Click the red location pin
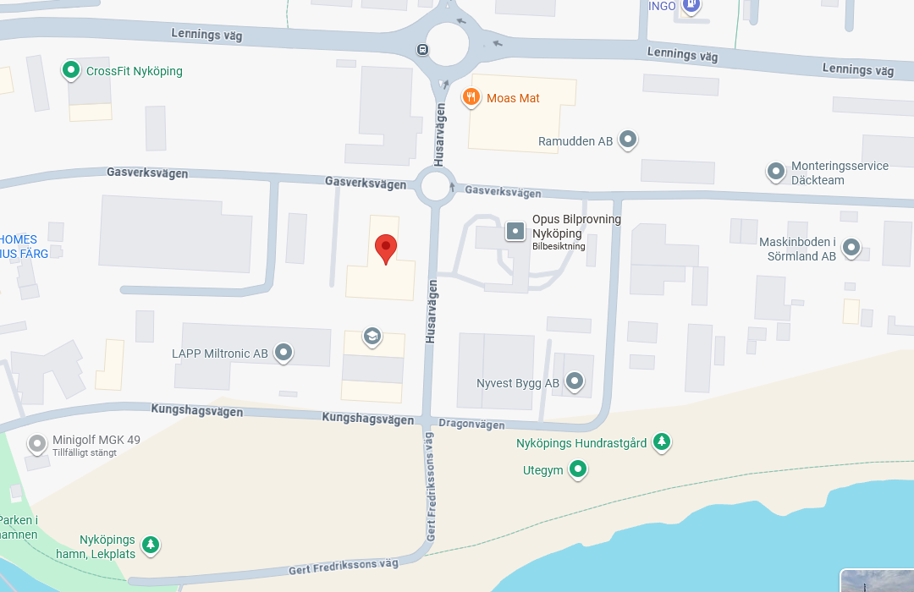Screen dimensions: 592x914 point(386,248)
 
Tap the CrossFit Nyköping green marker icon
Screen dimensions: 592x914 point(71,70)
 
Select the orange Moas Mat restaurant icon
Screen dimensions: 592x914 point(471,98)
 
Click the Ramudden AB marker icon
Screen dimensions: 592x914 point(627,139)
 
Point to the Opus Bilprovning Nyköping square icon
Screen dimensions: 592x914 point(515,230)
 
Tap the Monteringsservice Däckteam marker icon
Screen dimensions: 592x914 point(775,172)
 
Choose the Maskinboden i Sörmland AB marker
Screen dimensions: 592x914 point(851,248)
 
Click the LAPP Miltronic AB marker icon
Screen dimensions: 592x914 point(284,352)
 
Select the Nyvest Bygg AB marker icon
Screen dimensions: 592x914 point(575,381)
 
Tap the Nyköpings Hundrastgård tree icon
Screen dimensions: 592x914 point(662,441)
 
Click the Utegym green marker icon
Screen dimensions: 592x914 point(578,469)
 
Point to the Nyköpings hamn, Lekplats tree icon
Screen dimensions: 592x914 point(151,544)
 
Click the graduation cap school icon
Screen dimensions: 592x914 point(371,337)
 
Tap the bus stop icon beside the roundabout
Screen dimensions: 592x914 point(422,49)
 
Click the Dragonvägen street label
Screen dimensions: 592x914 point(471,425)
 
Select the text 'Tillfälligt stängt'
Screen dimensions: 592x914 point(85,452)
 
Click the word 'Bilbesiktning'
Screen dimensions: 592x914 point(559,246)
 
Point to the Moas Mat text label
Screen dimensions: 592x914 point(513,98)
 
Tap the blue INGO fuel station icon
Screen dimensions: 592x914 point(692,5)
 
